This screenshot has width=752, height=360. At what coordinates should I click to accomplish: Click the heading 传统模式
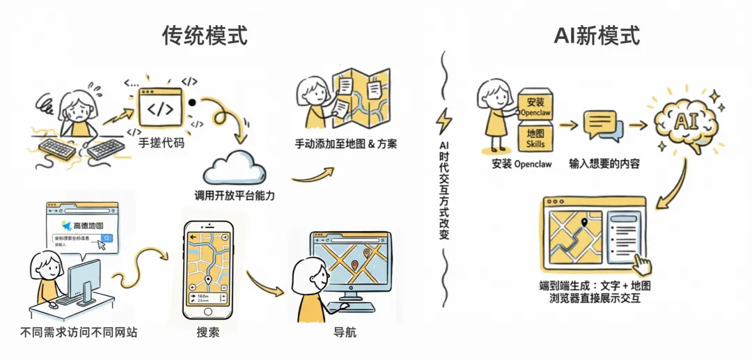(205, 36)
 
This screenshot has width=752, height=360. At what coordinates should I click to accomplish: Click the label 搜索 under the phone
(207, 332)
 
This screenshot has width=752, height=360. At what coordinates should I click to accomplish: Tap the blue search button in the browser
(106, 239)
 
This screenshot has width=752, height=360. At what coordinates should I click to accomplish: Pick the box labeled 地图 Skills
(535, 137)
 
